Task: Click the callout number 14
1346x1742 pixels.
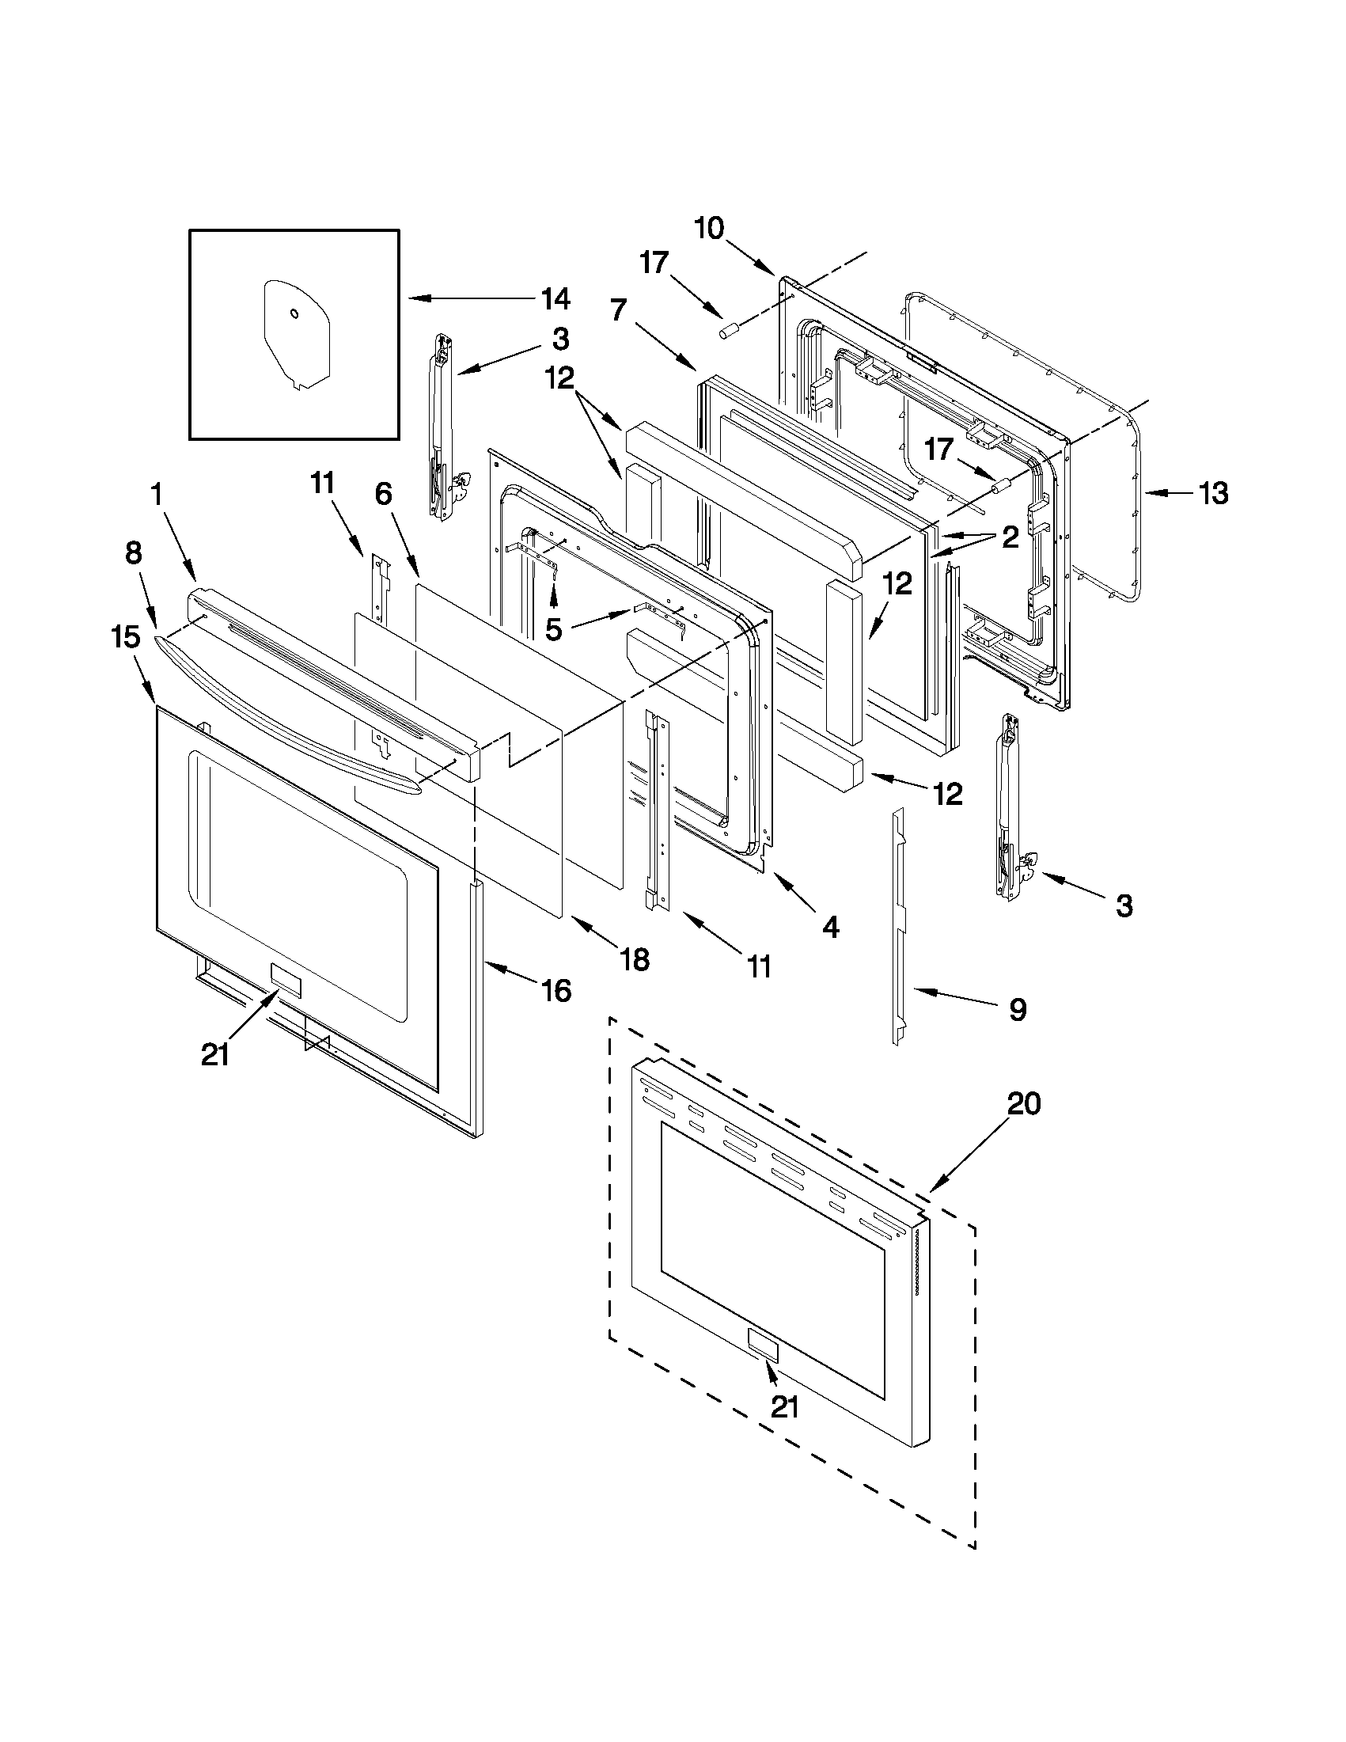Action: point(555,299)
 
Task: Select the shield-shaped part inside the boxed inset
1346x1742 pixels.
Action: point(296,333)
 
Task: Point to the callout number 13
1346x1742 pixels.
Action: point(1213,494)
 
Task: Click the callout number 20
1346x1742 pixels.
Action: point(1024,1105)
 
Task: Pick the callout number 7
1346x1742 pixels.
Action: point(620,309)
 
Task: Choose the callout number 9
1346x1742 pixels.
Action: point(1018,1010)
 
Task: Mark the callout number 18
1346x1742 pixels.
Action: point(635,959)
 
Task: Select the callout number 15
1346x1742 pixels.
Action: point(126,637)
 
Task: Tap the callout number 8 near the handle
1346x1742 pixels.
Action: point(133,552)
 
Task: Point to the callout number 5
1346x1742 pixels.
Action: point(552,629)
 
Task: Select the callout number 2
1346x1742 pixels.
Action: point(1010,537)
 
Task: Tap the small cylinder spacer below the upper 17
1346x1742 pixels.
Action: point(730,330)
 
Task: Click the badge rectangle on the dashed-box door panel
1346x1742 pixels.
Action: point(763,1342)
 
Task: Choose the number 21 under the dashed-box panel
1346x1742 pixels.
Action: point(785,1407)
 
